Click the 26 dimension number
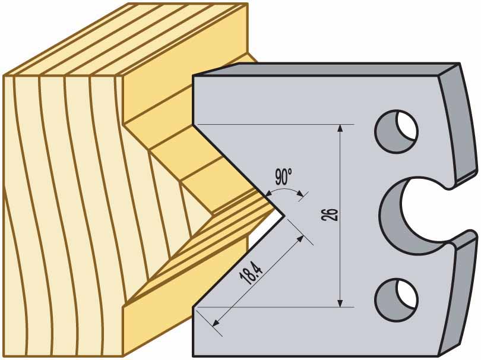tap(333, 214)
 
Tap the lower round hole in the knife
tap(396, 296)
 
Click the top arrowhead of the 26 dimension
tap(340, 128)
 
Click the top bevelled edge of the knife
tap(327, 68)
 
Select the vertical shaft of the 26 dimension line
tap(340, 250)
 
